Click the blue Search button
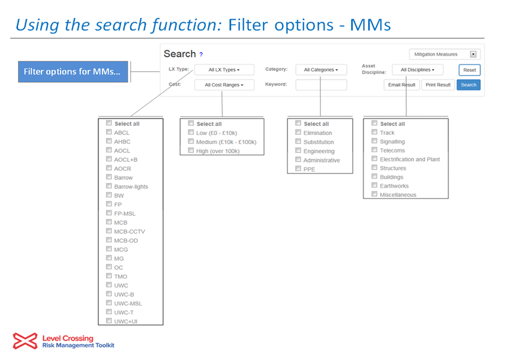(469, 85)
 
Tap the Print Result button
(438, 85)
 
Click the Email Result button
(401, 85)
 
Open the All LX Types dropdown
(224, 70)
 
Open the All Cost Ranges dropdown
(224, 85)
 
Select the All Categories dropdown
(321, 70)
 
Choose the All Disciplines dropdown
(418, 70)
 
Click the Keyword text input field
(321, 85)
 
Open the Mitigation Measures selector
(445, 55)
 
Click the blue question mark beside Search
(201, 55)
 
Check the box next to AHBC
(109, 141)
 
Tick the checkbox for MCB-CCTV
(109, 231)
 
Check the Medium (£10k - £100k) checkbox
(191, 142)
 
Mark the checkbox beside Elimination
(298, 133)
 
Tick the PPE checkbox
(298, 169)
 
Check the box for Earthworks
(374, 185)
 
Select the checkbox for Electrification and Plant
(374, 158)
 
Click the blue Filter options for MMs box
(73, 71)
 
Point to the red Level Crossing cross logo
(25, 341)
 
